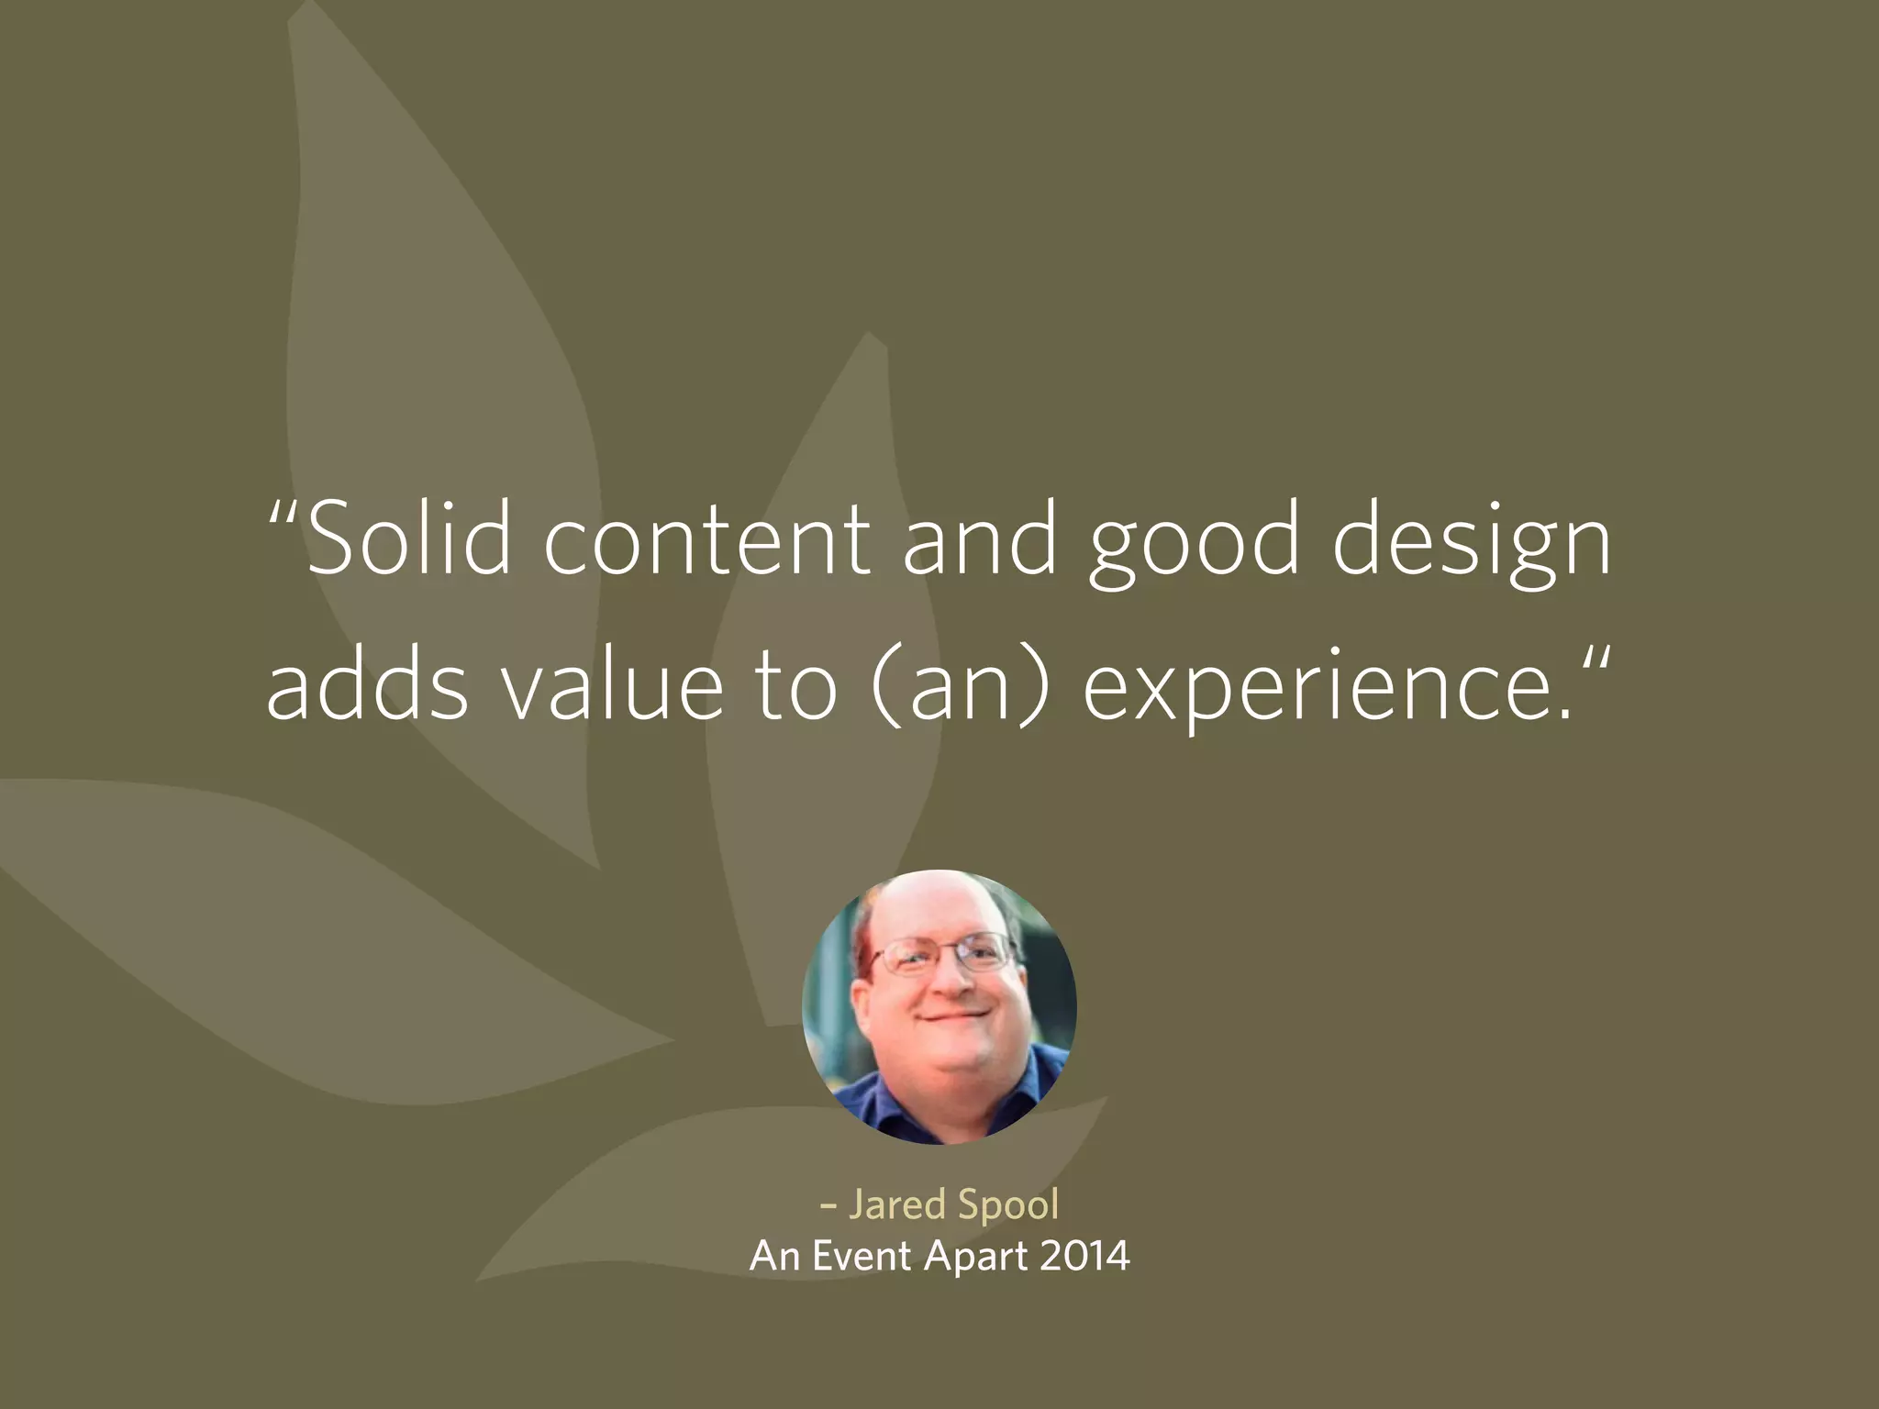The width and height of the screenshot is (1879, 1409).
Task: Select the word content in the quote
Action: (x=706, y=541)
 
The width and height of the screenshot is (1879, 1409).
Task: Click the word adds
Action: (x=367, y=684)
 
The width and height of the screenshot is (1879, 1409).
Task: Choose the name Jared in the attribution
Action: (x=896, y=1204)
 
